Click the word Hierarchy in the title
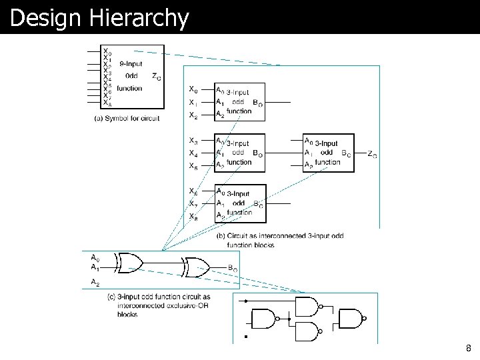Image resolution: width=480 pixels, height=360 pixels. [143, 18]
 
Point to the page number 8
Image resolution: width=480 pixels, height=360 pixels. [469, 347]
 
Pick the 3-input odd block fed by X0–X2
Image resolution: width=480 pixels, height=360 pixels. [239, 102]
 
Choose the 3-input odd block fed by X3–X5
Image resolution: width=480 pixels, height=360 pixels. [239, 153]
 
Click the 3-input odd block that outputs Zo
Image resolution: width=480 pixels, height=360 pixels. [327, 153]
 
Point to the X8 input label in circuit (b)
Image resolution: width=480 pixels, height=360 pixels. [193, 216]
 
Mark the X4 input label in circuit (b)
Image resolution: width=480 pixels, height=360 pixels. [193, 153]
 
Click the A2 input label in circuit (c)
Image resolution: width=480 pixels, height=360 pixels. [95, 282]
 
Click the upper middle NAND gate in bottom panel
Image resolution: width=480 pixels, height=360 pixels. [307, 306]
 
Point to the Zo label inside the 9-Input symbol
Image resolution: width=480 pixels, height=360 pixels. [155, 77]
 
